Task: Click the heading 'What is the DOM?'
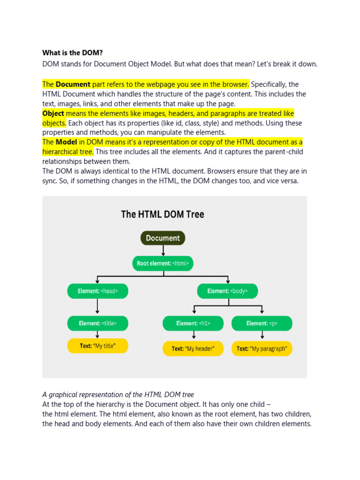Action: pyautogui.click(x=72, y=52)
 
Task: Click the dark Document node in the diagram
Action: pyautogui.click(x=163, y=238)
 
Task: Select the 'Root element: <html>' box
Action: pyautogui.click(x=163, y=263)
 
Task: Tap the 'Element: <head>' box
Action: pyautogui.click(x=97, y=291)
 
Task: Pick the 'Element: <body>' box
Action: pyautogui.click(x=228, y=291)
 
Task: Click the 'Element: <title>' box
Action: pyautogui.click(x=97, y=323)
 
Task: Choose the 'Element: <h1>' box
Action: pyautogui.click(x=193, y=323)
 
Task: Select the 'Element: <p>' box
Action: pyautogui.click(x=262, y=323)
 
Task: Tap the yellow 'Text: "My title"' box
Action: pyautogui.click(x=97, y=346)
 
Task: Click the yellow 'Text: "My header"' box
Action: pyautogui.click(x=193, y=349)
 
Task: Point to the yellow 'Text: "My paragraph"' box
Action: pyautogui.click(x=262, y=349)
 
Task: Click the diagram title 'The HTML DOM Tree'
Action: pyautogui.click(x=163, y=215)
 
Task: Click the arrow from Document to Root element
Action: pyautogui.click(x=163, y=251)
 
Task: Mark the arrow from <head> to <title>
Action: pyautogui.click(x=97, y=307)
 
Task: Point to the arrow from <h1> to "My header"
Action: pyautogui.click(x=193, y=336)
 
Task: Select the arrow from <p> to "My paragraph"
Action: pyautogui.click(x=262, y=336)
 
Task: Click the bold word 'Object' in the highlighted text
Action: pyautogui.click(x=53, y=113)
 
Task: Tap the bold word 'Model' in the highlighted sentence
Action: pyautogui.click(x=66, y=142)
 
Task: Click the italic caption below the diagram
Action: pyautogui.click(x=118, y=395)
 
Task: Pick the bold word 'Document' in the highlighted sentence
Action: pyautogui.click(x=73, y=84)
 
